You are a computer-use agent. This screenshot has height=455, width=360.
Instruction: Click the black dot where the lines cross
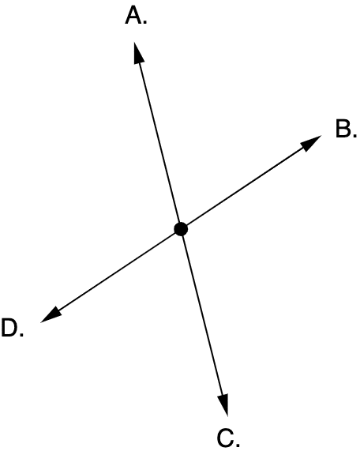pyautogui.click(x=181, y=229)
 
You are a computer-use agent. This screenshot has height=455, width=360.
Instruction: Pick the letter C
pyautogui.click(x=225, y=438)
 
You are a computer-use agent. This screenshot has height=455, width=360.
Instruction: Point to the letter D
pyautogui.click(x=9, y=328)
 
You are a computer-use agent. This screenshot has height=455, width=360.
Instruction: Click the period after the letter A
pyautogui.click(x=145, y=22)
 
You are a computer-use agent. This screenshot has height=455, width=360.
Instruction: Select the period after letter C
pyautogui.click(x=238, y=444)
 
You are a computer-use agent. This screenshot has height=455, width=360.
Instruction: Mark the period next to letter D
pyautogui.click(x=21, y=334)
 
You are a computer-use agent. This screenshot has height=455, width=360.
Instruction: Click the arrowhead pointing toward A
pyautogui.click(x=138, y=53)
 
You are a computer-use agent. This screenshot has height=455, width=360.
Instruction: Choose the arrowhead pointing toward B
pyautogui.click(x=311, y=142)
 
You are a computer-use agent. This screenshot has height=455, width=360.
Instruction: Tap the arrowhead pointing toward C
pyautogui.click(x=223, y=405)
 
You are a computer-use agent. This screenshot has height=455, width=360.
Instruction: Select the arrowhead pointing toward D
pyautogui.click(x=51, y=315)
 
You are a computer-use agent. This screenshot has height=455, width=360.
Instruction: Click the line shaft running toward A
pyautogui.click(x=159, y=142)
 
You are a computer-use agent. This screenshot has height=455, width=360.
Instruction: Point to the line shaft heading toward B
pyautogui.click(x=246, y=186)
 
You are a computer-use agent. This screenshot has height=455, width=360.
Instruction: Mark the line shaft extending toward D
pyautogui.click(x=117, y=272)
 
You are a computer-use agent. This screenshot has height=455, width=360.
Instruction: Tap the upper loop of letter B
pyautogui.click(x=343, y=125)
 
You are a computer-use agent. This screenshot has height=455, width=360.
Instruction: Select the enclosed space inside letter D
pyautogui.click(x=9, y=328)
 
